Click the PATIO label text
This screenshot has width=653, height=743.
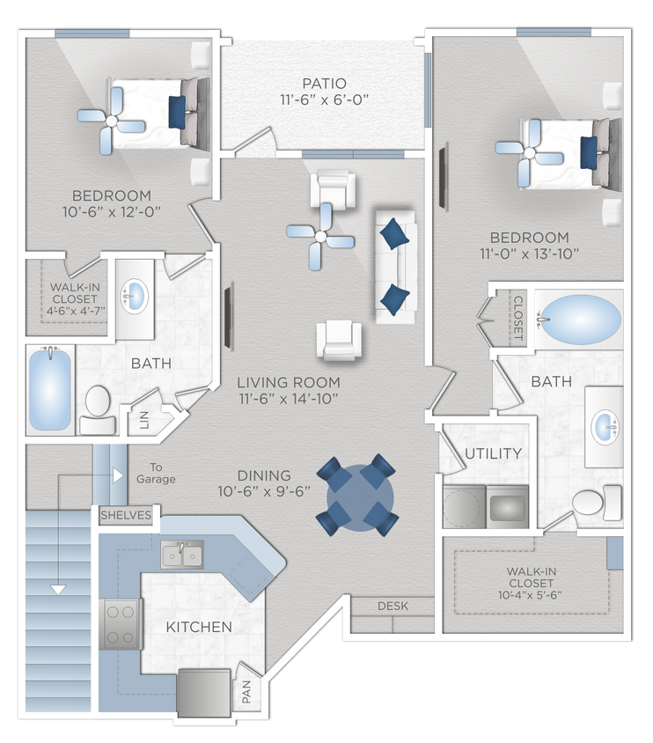tap(321, 84)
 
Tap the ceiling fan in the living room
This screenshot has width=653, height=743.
tap(320, 234)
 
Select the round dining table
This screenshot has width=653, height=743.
tap(359, 495)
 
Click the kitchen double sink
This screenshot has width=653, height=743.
tap(182, 555)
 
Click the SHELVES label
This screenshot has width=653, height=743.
tap(125, 514)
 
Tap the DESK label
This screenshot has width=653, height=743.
tap(392, 606)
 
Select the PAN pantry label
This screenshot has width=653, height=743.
tap(246, 688)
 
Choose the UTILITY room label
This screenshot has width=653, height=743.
tap(494, 453)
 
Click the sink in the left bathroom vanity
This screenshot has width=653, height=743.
tap(135, 295)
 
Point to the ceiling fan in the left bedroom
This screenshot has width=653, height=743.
tap(110, 119)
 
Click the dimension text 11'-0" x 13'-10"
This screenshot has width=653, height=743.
tap(529, 255)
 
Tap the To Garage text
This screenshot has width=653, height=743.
tap(156, 473)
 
